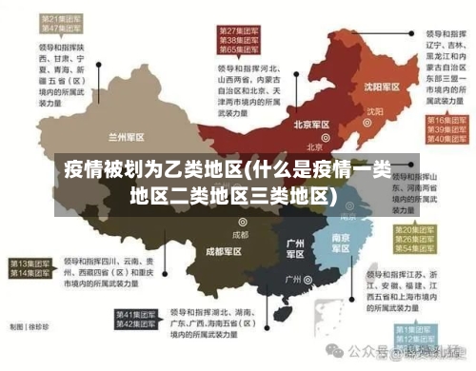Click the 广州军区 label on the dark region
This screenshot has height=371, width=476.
(295, 248)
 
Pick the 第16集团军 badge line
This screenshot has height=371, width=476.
(444, 120)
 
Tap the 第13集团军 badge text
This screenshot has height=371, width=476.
(30, 263)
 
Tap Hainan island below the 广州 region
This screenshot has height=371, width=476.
(279, 320)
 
